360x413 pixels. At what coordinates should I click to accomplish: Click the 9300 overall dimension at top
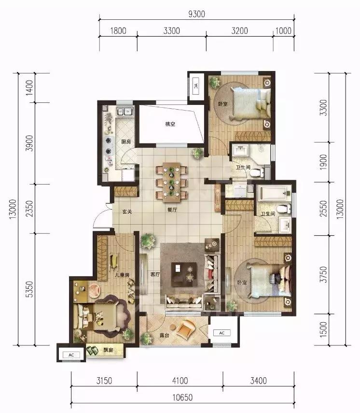(x=196, y=14)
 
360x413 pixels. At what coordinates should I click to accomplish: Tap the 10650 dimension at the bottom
(x=182, y=397)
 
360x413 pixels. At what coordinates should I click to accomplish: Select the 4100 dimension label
(x=180, y=380)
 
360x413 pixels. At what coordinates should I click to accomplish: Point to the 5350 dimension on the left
(x=30, y=289)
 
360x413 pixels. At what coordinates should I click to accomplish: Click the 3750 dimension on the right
(x=323, y=274)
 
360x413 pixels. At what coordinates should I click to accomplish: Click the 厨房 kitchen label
(x=126, y=142)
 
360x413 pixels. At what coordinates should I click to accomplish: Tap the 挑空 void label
(x=170, y=124)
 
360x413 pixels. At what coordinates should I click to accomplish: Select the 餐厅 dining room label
(x=172, y=210)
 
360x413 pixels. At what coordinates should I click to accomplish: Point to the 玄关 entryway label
(x=127, y=211)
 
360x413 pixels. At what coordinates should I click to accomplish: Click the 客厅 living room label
(x=155, y=274)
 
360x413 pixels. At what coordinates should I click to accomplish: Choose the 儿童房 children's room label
(x=122, y=275)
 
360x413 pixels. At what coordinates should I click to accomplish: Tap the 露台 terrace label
(x=164, y=336)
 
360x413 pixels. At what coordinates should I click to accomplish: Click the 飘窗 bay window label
(x=108, y=350)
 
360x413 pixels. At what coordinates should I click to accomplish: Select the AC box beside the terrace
(x=222, y=333)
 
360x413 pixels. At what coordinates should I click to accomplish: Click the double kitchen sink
(x=124, y=111)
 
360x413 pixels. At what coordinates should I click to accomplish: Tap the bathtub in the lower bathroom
(x=273, y=194)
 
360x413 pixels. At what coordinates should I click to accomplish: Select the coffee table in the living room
(x=184, y=274)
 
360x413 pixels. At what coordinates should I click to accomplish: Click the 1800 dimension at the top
(x=118, y=30)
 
